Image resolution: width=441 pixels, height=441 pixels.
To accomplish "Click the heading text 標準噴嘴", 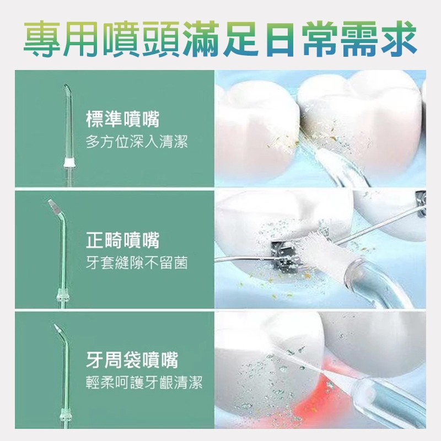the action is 122,120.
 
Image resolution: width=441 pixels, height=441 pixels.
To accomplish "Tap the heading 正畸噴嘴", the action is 122,240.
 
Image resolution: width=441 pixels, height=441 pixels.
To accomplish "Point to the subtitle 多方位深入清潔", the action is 137,141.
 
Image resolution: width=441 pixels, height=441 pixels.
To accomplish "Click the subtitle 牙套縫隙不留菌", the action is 137,262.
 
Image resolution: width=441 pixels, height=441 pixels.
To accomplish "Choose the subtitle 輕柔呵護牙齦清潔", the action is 144,382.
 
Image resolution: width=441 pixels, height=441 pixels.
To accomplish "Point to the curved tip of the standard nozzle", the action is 67,89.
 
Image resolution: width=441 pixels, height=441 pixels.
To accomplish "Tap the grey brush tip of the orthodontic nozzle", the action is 52,205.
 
